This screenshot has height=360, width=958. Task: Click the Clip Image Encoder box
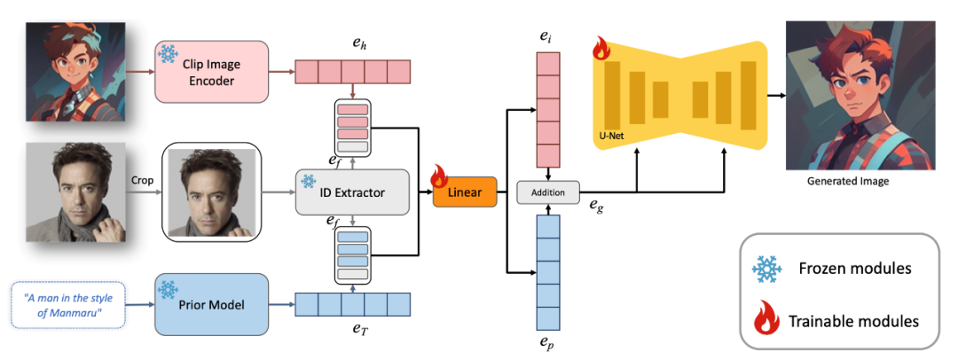pyautogui.click(x=211, y=71)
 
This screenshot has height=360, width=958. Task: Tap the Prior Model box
pyautogui.click(x=211, y=304)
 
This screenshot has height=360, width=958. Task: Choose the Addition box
pyautogui.click(x=548, y=192)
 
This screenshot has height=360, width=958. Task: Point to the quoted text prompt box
pyautogui.click(x=69, y=303)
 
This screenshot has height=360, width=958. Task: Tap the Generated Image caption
pyautogui.click(x=848, y=182)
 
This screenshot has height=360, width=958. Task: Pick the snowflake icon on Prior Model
pyautogui.click(x=168, y=289)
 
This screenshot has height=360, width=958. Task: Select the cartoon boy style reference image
pyautogui.click(x=70, y=72)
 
